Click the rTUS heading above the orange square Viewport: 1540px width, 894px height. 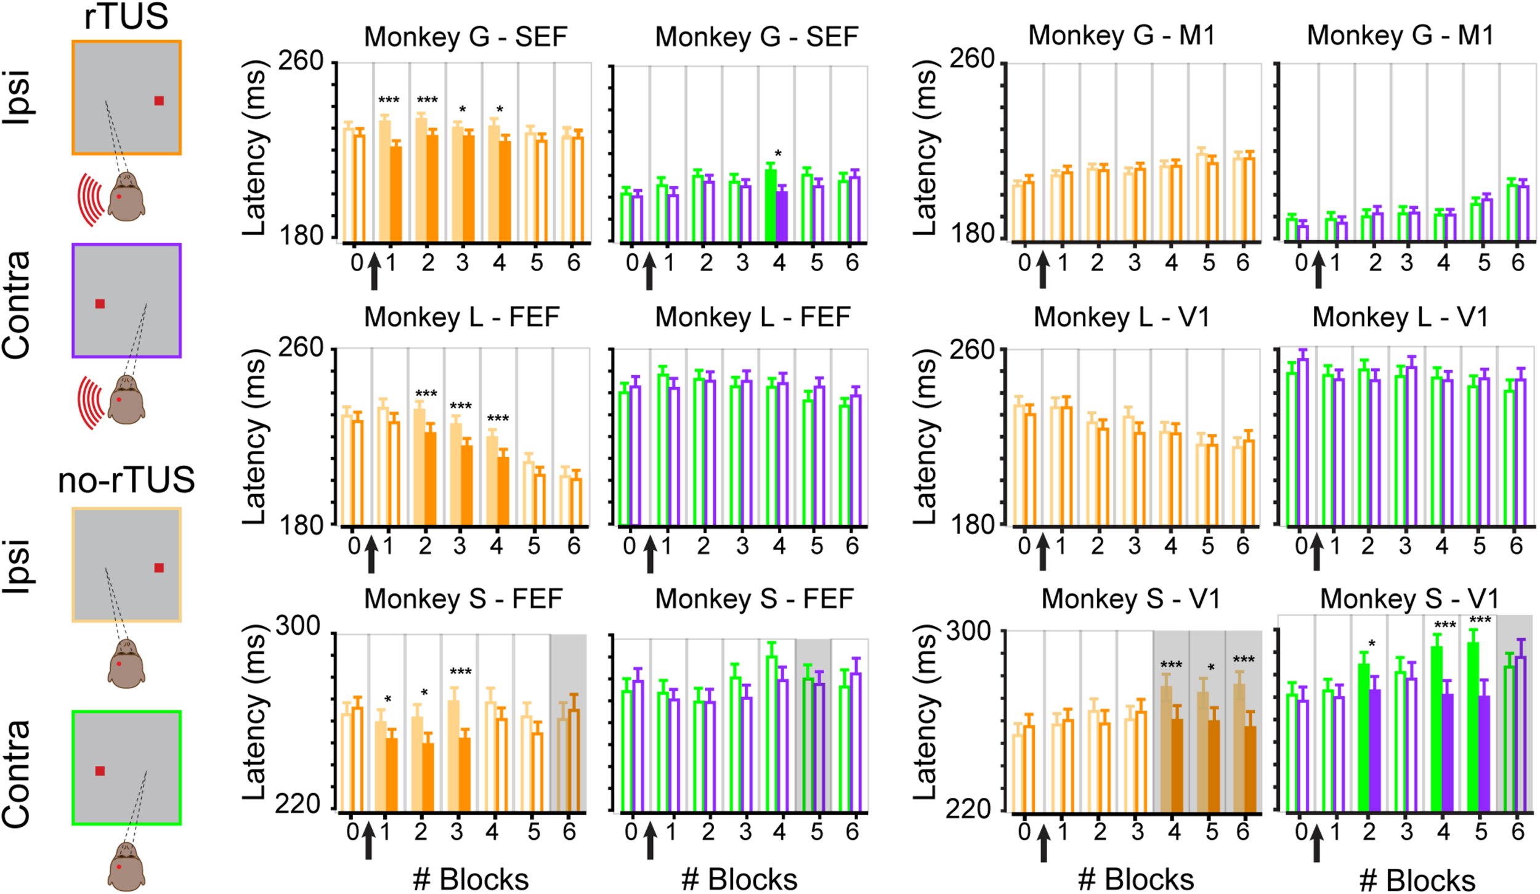(x=126, y=17)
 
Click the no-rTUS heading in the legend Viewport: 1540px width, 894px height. (x=126, y=480)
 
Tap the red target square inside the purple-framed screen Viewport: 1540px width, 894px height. (x=100, y=304)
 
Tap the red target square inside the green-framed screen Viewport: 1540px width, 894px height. (x=100, y=771)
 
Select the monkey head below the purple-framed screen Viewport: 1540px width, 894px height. (x=126, y=400)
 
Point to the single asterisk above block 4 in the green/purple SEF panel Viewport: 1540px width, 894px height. (x=778, y=153)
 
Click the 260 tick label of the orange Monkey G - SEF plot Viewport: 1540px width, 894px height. (x=301, y=61)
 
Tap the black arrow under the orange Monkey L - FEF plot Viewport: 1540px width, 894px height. (x=371, y=555)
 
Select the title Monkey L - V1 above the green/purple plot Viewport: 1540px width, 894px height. (x=1400, y=317)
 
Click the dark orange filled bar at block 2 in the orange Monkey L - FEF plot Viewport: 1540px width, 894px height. (x=431, y=477)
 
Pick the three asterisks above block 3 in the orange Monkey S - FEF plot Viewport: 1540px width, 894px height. (x=461, y=672)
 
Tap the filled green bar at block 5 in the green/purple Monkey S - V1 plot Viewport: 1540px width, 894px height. (x=1473, y=727)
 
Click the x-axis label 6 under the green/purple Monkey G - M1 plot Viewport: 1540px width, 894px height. (x=1518, y=263)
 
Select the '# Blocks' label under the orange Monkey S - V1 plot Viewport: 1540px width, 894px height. (x=1136, y=880)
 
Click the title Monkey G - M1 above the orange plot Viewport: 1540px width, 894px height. (x=1122, y=35)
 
